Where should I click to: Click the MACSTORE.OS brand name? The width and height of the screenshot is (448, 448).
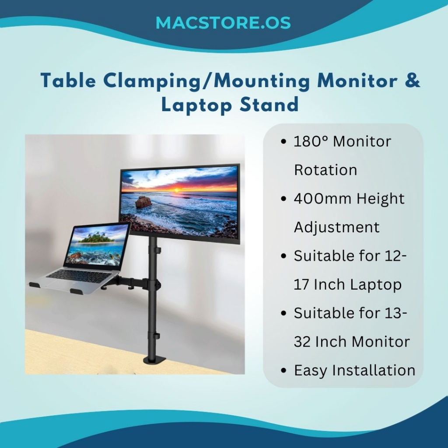point(223,23)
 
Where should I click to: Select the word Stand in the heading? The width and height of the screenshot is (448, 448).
point(269,104)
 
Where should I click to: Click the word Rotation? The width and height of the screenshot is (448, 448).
point(325,170)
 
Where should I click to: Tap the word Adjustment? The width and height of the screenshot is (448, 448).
point(337,227)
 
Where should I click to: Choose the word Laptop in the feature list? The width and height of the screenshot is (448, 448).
point(376,285)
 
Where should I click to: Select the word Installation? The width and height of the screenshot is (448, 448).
point(374,370)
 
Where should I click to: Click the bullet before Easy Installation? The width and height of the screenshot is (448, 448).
point(283,371)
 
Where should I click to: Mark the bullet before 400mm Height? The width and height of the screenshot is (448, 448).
point(283,199)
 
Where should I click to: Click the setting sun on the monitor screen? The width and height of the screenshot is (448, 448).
point(176,189)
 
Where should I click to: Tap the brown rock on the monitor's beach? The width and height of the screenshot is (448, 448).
point(143,202)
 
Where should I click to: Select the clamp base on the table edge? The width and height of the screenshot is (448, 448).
point(154,360)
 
